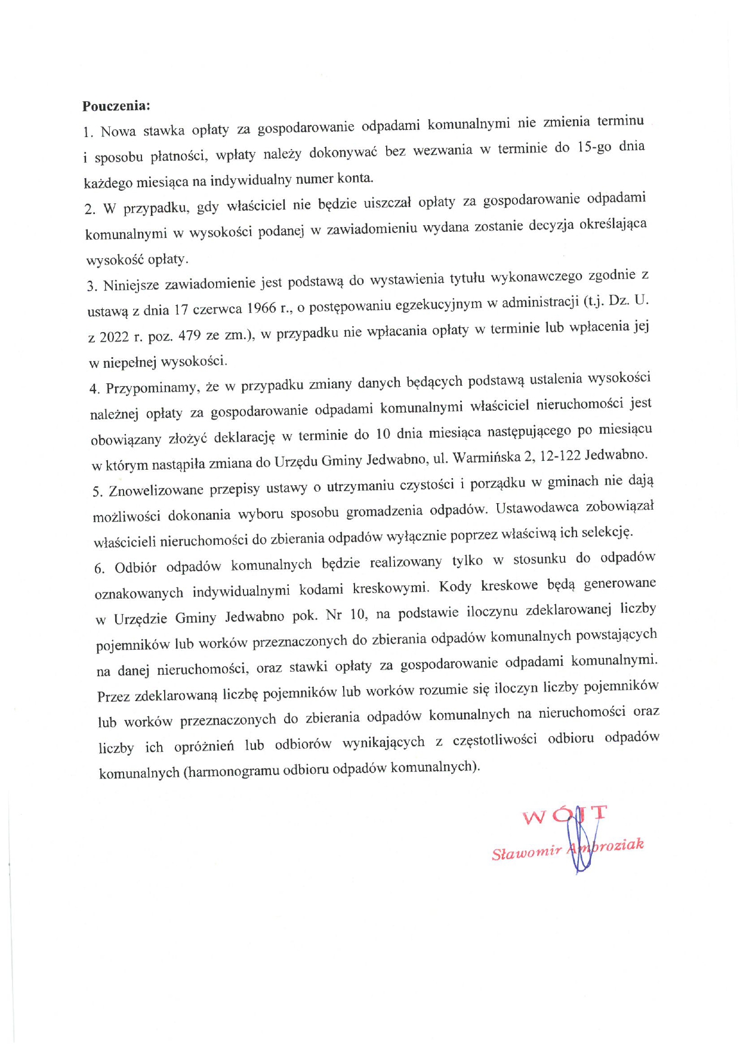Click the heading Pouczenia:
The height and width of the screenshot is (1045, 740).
116,106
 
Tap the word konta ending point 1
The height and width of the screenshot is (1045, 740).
354,178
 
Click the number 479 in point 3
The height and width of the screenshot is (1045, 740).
189,335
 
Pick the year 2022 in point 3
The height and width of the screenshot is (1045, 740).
113,337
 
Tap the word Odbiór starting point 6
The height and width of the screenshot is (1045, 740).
135,567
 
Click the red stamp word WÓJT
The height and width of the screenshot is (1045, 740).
564,815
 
